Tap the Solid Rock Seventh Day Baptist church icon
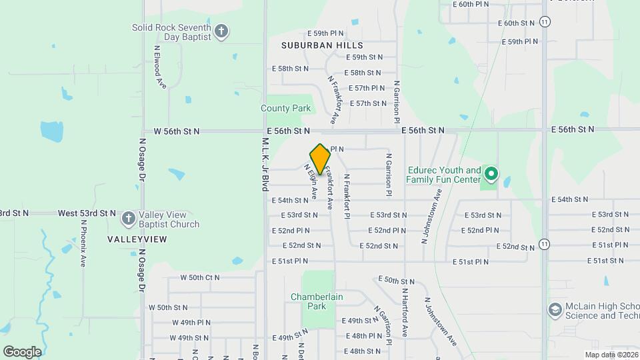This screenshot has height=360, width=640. (x=222, y=31)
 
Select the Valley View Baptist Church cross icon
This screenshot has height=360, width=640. (x=128, y=219)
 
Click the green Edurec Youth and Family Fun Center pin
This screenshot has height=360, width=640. (x=491, y=175)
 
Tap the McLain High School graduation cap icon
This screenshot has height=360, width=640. (x=554, y=309)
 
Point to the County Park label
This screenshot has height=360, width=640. (x=285, y=108)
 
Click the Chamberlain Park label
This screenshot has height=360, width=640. (x=308, y=301)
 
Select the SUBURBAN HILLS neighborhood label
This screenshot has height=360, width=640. (x=322, y=45)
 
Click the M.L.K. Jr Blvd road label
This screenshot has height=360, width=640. (x=264, y=165)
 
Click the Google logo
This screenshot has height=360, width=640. (x=22, y=351)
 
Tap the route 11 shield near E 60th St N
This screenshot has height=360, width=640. (x=545, y=22)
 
